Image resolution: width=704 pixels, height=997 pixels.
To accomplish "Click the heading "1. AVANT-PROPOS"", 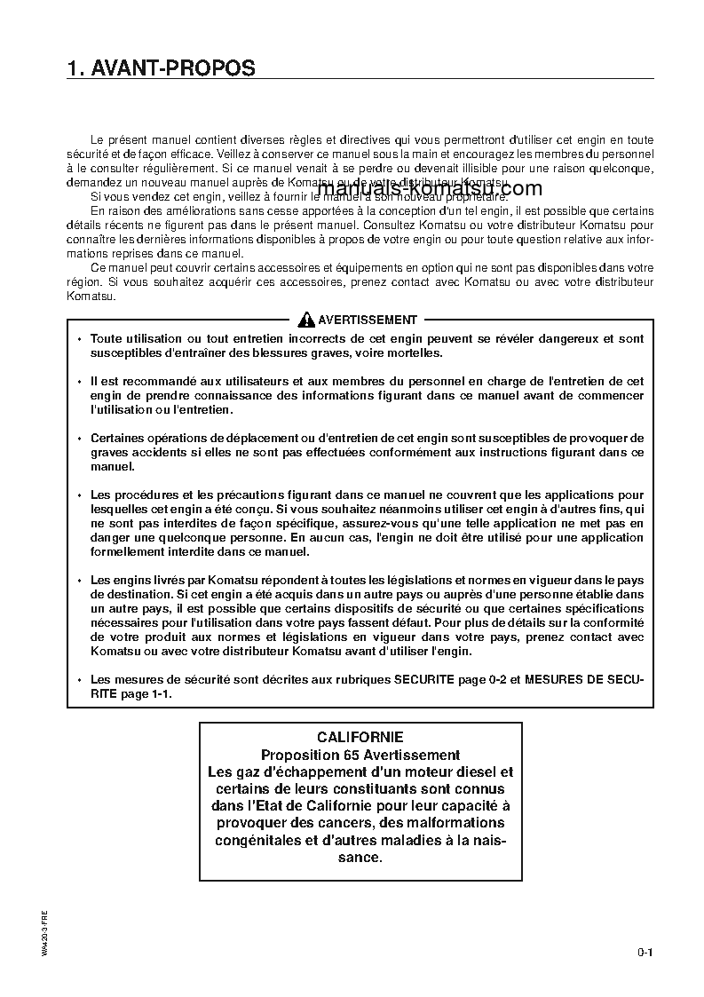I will (x=161, y=68).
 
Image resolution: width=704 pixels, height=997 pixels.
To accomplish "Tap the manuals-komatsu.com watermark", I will (x=428, y=189).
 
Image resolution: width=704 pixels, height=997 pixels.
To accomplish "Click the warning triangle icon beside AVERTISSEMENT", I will (x=306, y=320).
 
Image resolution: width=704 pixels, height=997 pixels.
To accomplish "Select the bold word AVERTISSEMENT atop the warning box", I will (x=367, y=320).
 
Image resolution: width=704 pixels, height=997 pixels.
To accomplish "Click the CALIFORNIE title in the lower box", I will (x=360, y=737).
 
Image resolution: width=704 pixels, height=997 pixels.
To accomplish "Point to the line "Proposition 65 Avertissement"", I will (x=360, y=755).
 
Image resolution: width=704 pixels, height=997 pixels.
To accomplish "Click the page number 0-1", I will (x=645, y=953).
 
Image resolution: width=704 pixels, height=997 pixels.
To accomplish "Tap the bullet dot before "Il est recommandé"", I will (x=79, y=381).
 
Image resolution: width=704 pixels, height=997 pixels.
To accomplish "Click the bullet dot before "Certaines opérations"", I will (x=79, y=439).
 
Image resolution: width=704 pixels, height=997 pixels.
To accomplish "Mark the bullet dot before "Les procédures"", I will (x=79, y=495).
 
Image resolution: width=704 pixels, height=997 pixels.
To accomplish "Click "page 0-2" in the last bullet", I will (x=472, y=680).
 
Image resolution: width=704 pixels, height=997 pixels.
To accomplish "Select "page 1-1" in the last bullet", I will (x=146, y=694).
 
